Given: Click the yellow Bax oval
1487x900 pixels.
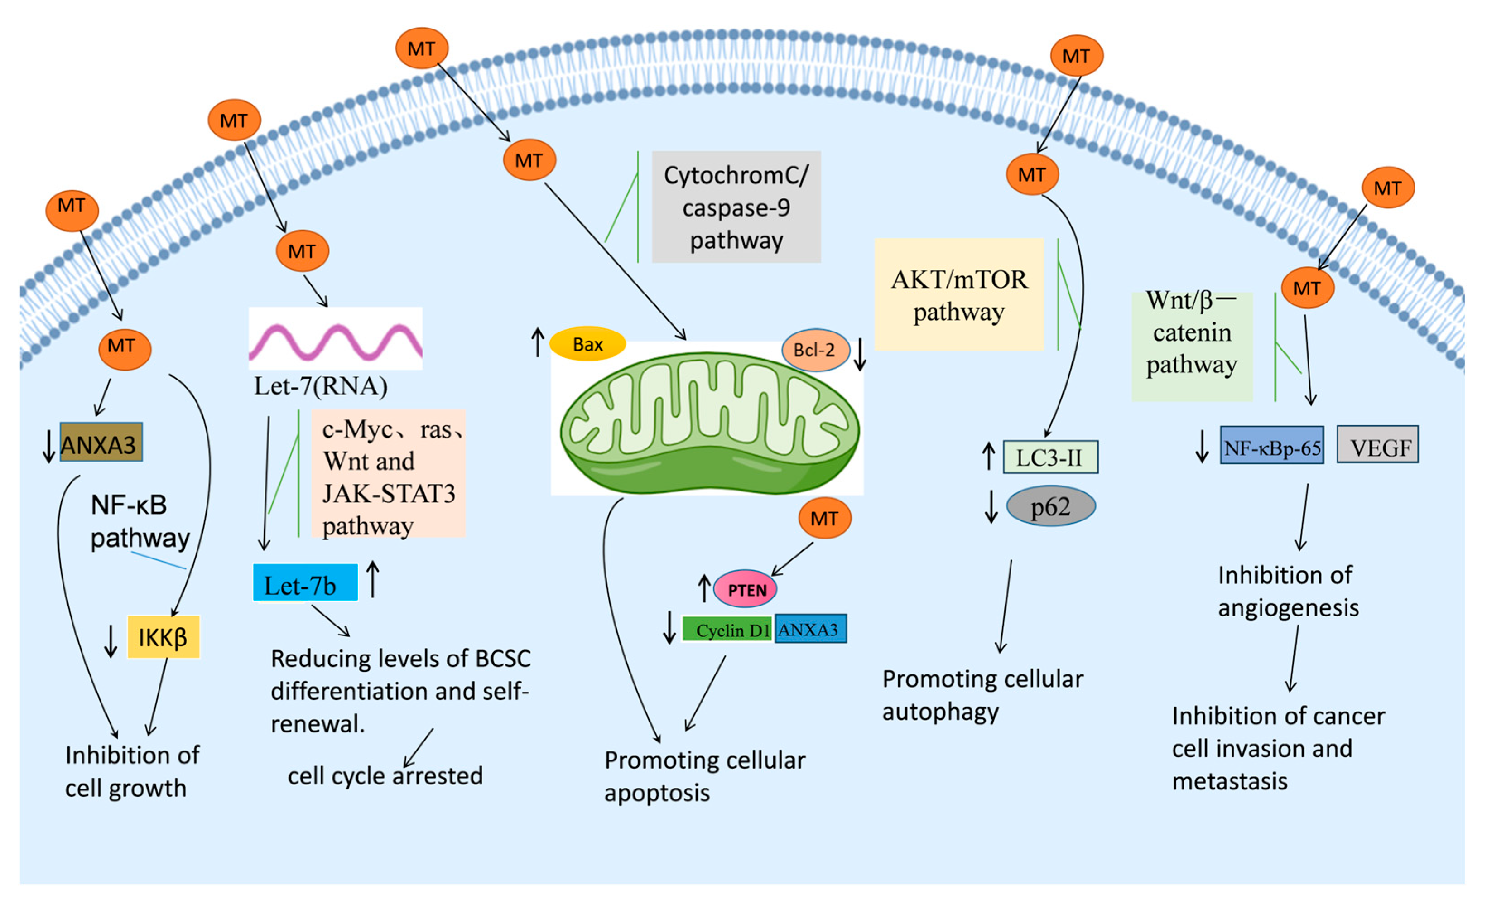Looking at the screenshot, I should [587, 344].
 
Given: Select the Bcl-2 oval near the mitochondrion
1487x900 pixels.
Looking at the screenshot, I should [815, 350].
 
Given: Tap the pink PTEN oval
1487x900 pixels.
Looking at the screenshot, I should [745, 589].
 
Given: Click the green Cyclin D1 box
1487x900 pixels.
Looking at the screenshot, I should [727, 630].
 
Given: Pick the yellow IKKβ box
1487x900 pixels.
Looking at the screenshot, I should [163, 637].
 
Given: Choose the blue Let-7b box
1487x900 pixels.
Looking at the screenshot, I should [305, 582].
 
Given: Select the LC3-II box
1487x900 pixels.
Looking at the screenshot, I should [1050, 457].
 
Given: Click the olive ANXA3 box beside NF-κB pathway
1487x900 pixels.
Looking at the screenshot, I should [101, 443].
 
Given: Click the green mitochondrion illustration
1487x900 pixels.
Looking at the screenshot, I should [709, 423].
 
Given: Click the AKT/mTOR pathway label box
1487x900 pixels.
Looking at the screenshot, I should [959, 294].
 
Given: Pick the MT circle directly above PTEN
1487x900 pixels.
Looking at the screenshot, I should [824, 518].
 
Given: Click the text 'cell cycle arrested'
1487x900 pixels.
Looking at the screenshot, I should [385, 775].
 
